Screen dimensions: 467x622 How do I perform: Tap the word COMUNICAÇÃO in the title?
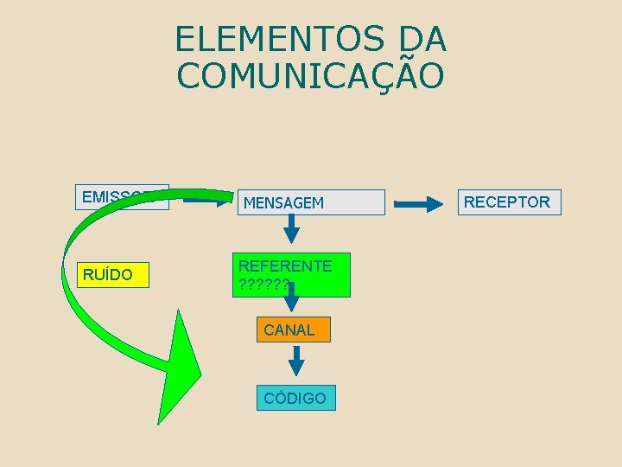tap(311, 75)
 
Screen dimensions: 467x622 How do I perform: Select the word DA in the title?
tap(423, 39)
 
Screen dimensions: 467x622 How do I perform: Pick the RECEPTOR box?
tap(507, 202)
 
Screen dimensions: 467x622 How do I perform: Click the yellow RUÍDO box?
tap(112, 275)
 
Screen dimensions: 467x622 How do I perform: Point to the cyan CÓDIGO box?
tap(295, 398)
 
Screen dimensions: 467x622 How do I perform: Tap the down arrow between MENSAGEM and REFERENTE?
tap(292, 228)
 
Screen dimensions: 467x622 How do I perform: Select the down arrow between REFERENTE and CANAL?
tap(293, 299)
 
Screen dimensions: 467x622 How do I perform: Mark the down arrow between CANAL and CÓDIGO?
tap(295, 360)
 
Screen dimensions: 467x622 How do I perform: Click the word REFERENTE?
tap(285, 265)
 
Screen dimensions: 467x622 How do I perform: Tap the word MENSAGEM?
tap(283, 203)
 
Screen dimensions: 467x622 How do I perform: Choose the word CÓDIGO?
tap(295, 399)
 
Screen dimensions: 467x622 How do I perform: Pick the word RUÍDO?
tap(108, 275)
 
